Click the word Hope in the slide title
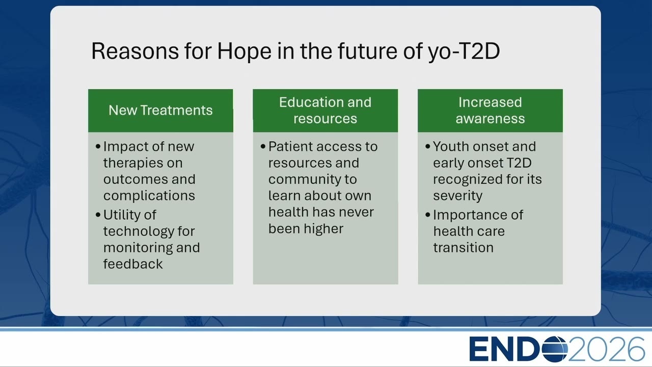(x=244, y=52)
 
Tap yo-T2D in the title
(x=464, y=52)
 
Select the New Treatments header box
(x=160, y=111)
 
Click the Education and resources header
(x=325, y=111)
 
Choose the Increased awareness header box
(x=490, y=111)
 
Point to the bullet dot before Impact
(x=98, y=146)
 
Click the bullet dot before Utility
(x=98, y=215)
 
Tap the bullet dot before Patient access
(x=263, y=146)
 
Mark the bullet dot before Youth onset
(x=427, y=146)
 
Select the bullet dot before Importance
(x=427, y=215)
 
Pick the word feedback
(x=133, y=264)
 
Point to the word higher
(x=323, y=228)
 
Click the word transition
(x=464, y=248)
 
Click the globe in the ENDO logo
(x=555, y=349)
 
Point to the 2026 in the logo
(x=606, y=349)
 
